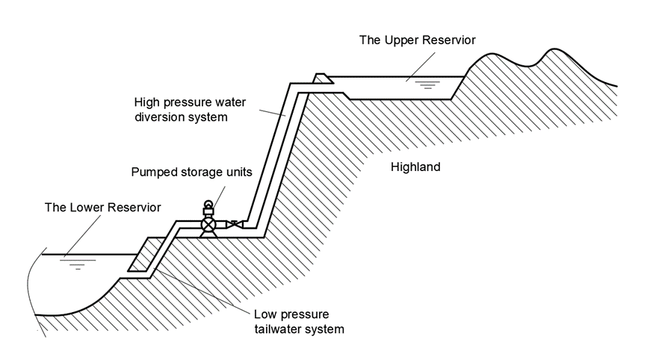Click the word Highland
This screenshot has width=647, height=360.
pos(415,167)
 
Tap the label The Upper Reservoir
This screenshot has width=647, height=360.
pos(417,40)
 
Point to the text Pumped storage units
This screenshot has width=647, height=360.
pos(191,172)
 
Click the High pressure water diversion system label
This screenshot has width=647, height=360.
pos(180,110)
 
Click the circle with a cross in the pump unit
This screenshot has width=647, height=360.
pos(209,223)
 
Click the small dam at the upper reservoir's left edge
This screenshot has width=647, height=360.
pos(321,78)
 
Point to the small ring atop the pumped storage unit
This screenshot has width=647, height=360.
pos(209,203)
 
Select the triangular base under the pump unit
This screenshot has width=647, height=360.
pos(209,235)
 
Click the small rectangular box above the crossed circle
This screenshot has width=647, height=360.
pos(209,211)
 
